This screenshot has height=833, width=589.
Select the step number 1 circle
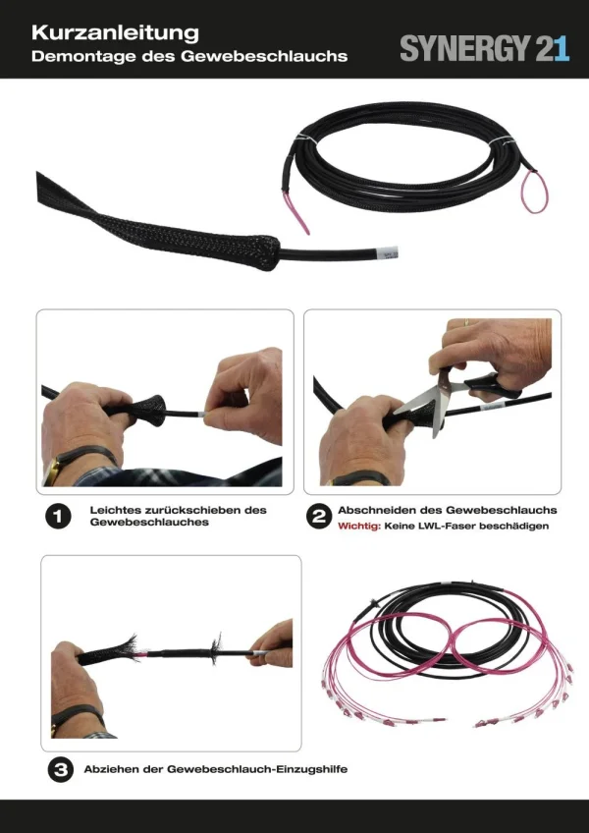tap(58, 518)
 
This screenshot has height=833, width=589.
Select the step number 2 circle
tap(318, 518)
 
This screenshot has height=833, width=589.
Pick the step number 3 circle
tap(58, 770)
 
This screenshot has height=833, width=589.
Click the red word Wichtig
tap(359, 527)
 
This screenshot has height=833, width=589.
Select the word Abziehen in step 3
tap(114, 769)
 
